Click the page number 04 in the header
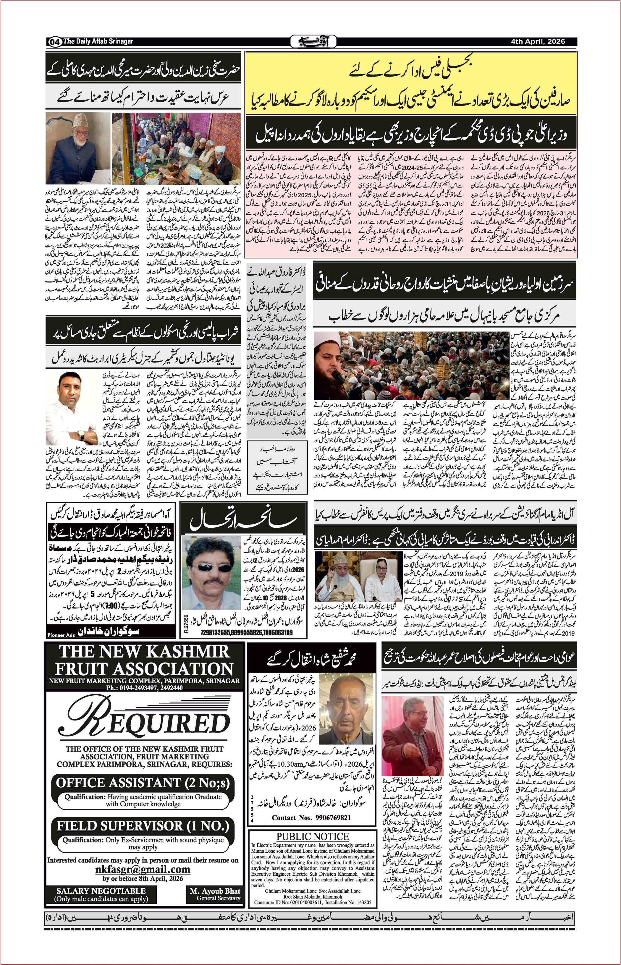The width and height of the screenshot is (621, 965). [54, 41]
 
